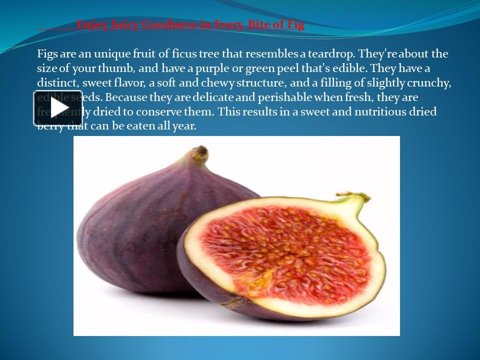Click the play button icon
[58, 107]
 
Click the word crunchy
[429, 82]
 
